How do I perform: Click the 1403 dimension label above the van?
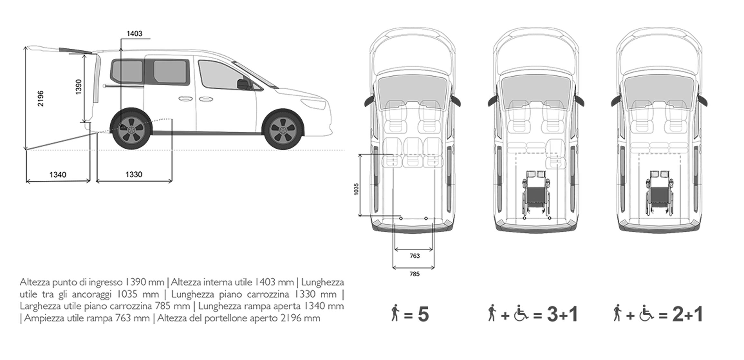[134, 33]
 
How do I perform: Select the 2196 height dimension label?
[41, 99]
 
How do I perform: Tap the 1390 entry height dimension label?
[79, 87]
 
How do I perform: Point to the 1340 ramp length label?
[58, 175]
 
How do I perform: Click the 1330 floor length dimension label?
[134, 174]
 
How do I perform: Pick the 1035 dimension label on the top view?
[356, 189]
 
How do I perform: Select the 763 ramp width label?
[415, 256]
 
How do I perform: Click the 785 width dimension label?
[414, 274]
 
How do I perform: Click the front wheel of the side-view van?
[283, 129]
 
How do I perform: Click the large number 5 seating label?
[423, 314]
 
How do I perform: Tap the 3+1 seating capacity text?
[563, 314]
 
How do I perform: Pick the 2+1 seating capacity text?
[687, 314]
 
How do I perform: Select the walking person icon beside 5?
[395, 313]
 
